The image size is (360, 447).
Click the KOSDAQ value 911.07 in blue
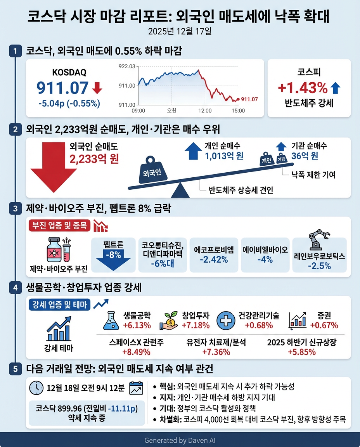coord(62,88)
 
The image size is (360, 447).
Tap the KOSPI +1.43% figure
coord(303,88)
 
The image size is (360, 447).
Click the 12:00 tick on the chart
coord(205,111)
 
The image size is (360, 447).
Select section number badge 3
coord(15,209)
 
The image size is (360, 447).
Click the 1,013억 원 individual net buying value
coord(224,156)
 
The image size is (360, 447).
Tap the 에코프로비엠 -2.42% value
coord(213,260)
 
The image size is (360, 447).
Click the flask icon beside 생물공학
coord(111,320)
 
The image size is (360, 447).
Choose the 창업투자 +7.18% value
coord(196,325)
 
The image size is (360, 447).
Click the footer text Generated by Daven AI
coord(180,440)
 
